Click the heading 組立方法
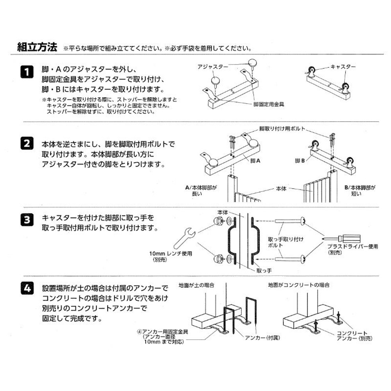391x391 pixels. [x=37, y=48]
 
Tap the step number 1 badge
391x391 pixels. [x=26, y=72]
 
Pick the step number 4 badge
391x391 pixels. [x=26, y=289]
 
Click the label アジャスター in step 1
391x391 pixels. [x=212, y=67]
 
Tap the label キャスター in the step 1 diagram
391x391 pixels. [x=343, y=67]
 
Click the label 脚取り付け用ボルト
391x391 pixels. [x=282, y=129]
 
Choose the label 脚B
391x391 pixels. [x=300, y=160]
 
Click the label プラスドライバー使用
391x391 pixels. [x=352, y=247]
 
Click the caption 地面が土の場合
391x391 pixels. [x=196, y=285]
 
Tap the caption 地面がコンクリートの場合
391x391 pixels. [x=298, y=285]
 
